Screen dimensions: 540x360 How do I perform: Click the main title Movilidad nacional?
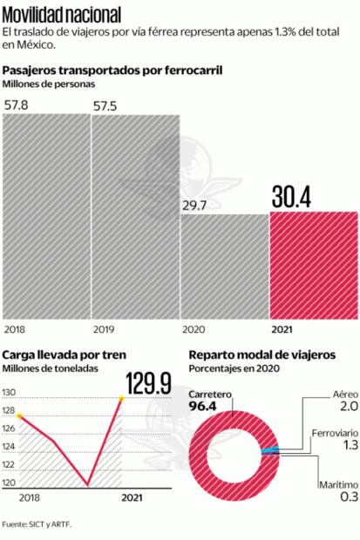click(62, 15)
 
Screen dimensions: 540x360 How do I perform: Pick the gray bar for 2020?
click(224, 266)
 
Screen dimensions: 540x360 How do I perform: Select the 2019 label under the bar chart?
click(104, 330)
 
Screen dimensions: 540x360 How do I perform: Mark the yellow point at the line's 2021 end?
click(121, 398)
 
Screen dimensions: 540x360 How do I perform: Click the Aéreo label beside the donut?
click(345, 394)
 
